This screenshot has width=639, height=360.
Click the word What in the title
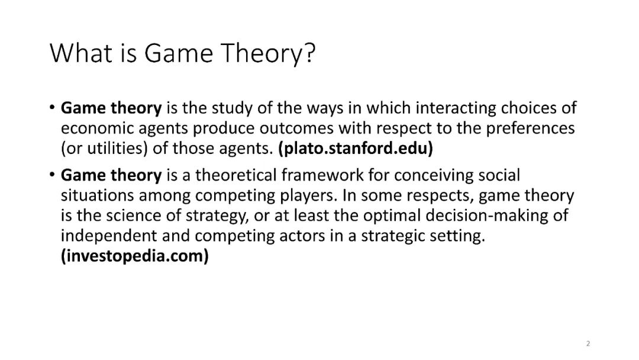[80, 53]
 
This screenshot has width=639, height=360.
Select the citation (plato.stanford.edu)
[356, 149]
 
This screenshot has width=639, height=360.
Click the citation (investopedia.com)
[135, 256]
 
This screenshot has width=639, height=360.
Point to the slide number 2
[588, 343]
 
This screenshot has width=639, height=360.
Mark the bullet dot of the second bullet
[51, 175]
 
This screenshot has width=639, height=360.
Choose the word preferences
[530, 128]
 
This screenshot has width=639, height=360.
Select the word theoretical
[235, 175]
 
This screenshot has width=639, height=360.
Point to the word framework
[322, 175]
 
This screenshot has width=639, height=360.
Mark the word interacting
[456, 108]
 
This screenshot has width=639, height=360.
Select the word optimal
[392, 216]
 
